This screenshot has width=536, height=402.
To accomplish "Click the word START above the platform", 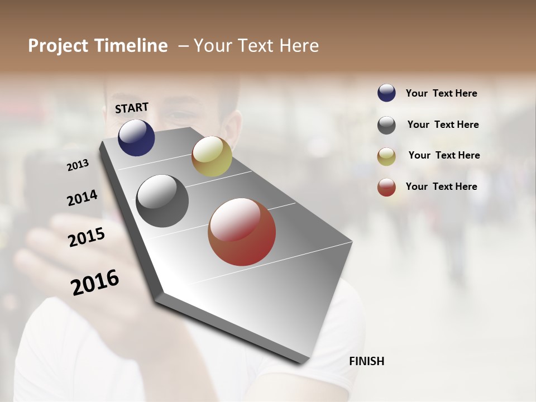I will tap(132, 108).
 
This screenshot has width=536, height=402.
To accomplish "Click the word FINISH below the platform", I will tap(367, 361).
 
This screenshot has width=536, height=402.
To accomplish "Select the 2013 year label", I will tap(78, 165).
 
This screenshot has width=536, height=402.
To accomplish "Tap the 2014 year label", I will tap(82, 198).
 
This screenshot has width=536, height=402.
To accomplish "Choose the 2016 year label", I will tap(95, 282).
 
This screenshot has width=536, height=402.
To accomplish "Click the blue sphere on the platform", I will tap(136, 137).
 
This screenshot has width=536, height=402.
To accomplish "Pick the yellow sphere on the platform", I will tap(212, 156).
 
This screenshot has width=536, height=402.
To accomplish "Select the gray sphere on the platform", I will tap(162, 201).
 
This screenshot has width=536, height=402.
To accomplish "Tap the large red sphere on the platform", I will tap(242, 232).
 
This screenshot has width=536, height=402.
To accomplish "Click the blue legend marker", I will tap(386, 93).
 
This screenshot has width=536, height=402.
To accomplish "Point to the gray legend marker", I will tap(386, 125).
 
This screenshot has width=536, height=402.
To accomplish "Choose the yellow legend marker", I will tap(386, 156).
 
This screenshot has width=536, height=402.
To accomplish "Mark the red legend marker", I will tap(386, 187).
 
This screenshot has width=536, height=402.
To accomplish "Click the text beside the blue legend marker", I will tap(441, 94).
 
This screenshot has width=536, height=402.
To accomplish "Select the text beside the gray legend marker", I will tap(443, 125).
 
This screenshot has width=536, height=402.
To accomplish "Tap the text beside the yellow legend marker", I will tap(444, 155).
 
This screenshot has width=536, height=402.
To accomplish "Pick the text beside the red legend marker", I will tap(441, 186).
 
